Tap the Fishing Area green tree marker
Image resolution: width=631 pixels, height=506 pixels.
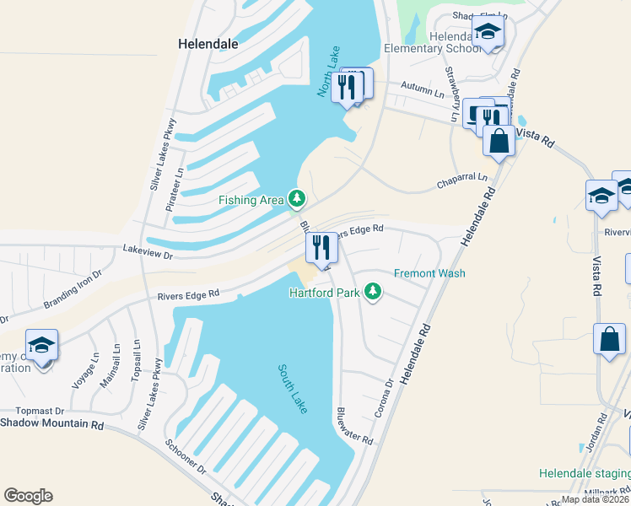[x=296, y=199]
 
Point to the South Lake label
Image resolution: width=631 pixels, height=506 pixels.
[x=294, y=387]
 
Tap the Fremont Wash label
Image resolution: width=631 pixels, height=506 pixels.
[x=429, y=273]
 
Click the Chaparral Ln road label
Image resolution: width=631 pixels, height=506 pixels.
[x=461, y=180]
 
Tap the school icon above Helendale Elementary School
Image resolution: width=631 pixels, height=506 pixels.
[x=487, y=31]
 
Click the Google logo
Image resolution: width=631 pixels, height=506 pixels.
[x=27, y=496]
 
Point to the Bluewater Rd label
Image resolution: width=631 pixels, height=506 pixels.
[x=354, y=427]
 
